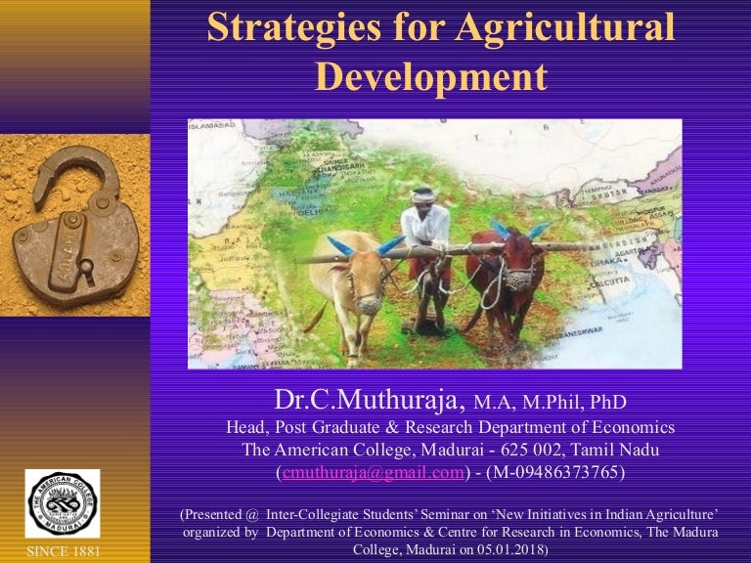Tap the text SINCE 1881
tap(62, 551)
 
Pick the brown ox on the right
tap(508, 274)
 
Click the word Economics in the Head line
tap(626, 427)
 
